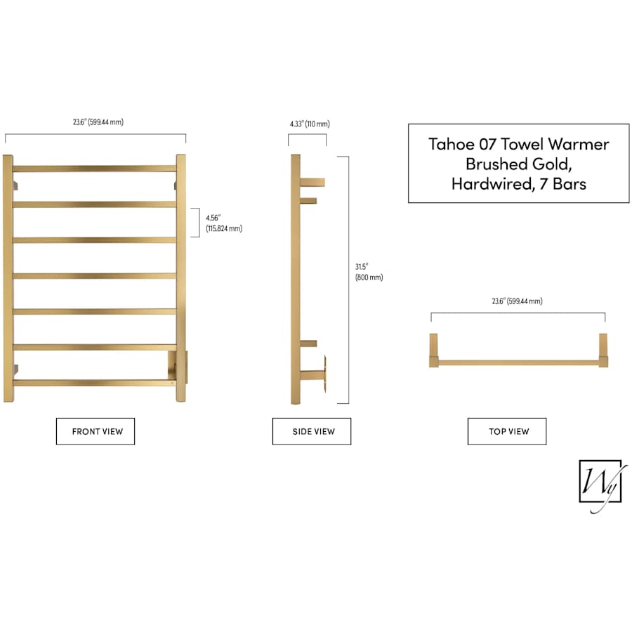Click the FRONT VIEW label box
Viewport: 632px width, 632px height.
click(x=96, y=431)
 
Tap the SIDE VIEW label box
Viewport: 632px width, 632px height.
click(x=312, y=431)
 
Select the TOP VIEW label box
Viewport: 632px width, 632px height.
click(x=507, y=431)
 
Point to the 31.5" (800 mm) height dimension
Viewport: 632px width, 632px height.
click(x=369, y=272)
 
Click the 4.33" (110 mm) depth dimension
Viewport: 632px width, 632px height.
click(x=310, y=124)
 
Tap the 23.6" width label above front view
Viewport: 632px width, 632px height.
click(x=98, y=121)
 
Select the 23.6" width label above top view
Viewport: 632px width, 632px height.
click(x=517, y=301)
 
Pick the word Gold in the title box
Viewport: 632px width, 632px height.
click(x=552, y=164)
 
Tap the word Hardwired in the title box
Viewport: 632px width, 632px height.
click(x=494, y=184)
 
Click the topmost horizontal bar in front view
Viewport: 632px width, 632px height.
click(x=95, y=169)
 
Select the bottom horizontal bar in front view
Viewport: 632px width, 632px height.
click(x=92, y=383)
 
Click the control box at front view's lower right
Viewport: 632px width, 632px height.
click(x=178, y=367)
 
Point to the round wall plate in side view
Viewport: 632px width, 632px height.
click(x=324, y=374)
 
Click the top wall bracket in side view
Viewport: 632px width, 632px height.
click(x=312, y=183)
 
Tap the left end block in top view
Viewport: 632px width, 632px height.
click(x=434, y=350)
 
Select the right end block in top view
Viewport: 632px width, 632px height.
click(x=603, y=350)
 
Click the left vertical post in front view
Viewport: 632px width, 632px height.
click(x=8, y=278)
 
